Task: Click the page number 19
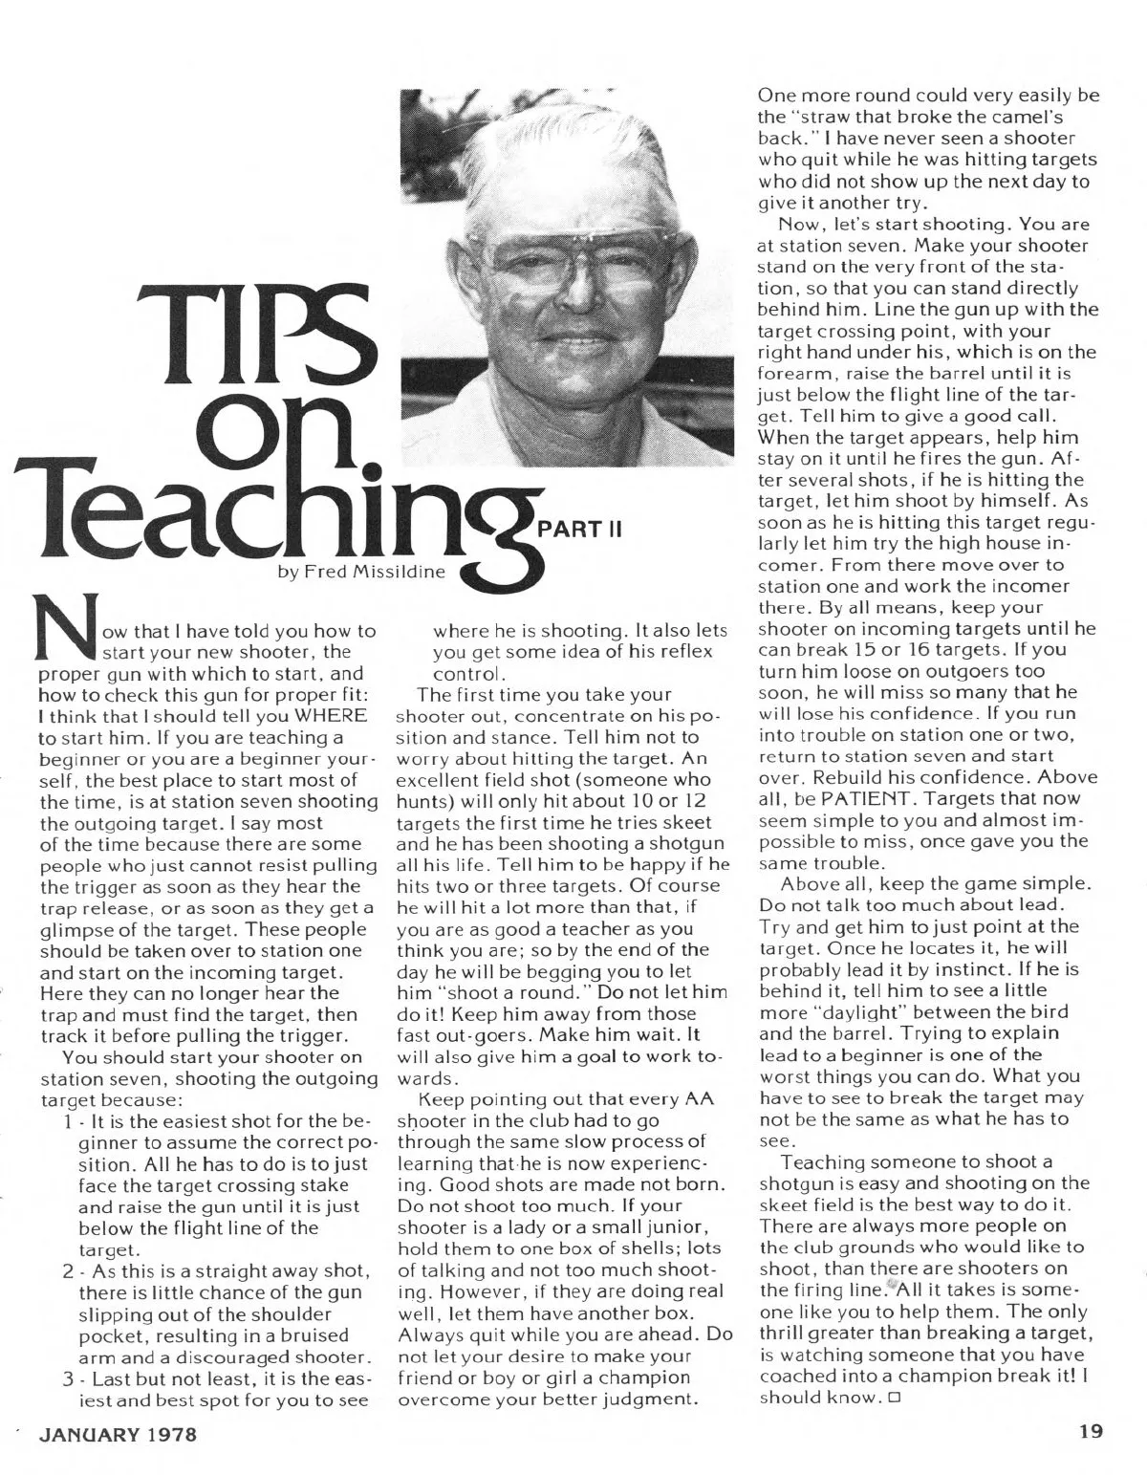click(1087, 1431)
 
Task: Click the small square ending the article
click(895, 1399)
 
